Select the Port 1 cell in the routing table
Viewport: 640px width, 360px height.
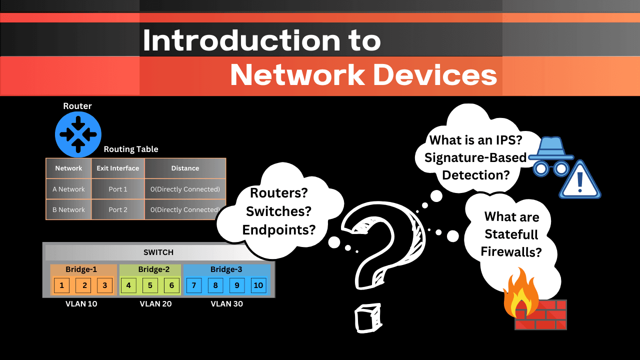118,189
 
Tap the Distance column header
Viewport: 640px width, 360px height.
185,168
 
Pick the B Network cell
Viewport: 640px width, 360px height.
68,209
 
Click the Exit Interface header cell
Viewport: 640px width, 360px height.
118,168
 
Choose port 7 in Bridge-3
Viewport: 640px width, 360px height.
193,285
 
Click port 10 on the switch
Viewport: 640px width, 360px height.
258,285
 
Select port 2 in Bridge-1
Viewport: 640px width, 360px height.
84,285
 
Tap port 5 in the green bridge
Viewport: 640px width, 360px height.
150,285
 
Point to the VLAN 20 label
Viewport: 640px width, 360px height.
155,303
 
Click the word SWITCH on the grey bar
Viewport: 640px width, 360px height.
158,252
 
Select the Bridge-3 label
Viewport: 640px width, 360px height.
226,269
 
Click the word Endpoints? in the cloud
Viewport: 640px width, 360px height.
279,229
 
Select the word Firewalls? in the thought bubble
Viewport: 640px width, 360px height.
511,251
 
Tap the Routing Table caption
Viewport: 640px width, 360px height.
131,149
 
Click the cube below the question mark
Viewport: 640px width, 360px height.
367,316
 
